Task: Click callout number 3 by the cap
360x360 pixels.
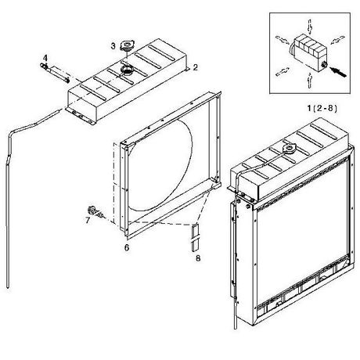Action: (113, 46)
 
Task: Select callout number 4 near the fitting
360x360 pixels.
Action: (45, 58)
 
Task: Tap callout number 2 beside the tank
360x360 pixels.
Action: (195, 67)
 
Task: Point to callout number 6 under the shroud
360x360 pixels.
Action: (127, 247)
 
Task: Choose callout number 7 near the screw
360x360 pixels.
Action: (88, 220)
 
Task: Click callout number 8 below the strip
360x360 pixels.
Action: (198, 258)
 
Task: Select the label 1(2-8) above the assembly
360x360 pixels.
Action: (322, 108)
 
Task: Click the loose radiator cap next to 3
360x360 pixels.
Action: (128, 45)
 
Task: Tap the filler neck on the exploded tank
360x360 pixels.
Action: (127, 70)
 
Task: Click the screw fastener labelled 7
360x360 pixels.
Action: (95, 211)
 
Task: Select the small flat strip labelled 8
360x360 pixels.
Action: (195, 237)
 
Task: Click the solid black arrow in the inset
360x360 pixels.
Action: (338, 72)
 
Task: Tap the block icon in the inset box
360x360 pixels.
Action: (308, 53)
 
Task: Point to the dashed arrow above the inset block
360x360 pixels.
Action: (310, 27)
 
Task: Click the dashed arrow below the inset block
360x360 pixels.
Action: (309, 81)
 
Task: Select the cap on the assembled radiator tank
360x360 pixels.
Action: (289, 149)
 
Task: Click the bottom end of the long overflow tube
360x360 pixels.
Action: (8, 287)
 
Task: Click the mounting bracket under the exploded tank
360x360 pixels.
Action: (81, 115)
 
